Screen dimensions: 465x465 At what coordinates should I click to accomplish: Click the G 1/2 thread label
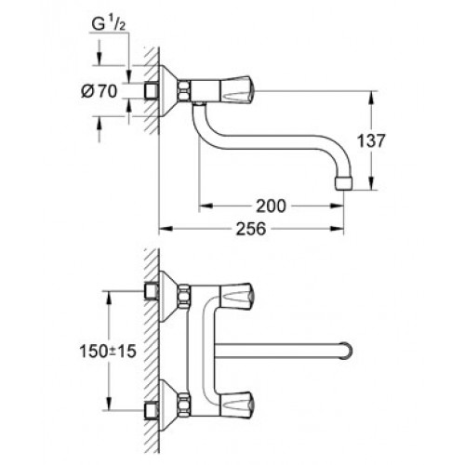click(x=109, y=24)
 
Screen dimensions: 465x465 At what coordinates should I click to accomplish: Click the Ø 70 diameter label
click(x=100, y=91)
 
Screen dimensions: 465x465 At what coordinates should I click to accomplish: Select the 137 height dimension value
click(x=371, y=140)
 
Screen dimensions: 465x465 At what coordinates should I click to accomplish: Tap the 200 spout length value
click(x=271, y=206)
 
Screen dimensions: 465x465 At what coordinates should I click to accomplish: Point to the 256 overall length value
click(x=251, y=229)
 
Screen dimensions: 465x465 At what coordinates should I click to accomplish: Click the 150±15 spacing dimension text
click(x=108, y=352)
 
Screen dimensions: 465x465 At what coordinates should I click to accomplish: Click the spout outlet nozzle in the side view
click(x=344, y=183)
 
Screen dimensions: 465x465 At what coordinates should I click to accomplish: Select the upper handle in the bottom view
click(x=237, y=296)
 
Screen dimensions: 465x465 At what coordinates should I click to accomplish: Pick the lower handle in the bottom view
click(x=237, y=403)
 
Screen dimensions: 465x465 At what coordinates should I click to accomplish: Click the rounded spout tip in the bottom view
click(x=347, y=352)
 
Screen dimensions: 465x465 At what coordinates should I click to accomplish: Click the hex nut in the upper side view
click(x=183, y=90)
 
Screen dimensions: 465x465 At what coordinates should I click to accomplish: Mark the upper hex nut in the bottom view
click(x=184, y=296)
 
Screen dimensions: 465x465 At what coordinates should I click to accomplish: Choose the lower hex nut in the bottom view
click(x=184, y=403)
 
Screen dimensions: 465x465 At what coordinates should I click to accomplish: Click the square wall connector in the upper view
click(x=152, y=91)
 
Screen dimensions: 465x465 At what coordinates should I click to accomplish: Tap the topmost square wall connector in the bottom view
click(x=152, y=291)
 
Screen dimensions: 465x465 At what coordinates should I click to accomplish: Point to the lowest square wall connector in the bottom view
click(x=152, y=411)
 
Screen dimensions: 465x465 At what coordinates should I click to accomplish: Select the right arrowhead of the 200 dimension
click(x=337, y=206)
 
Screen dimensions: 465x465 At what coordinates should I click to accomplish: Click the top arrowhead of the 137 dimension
click(x=372, y=98)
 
